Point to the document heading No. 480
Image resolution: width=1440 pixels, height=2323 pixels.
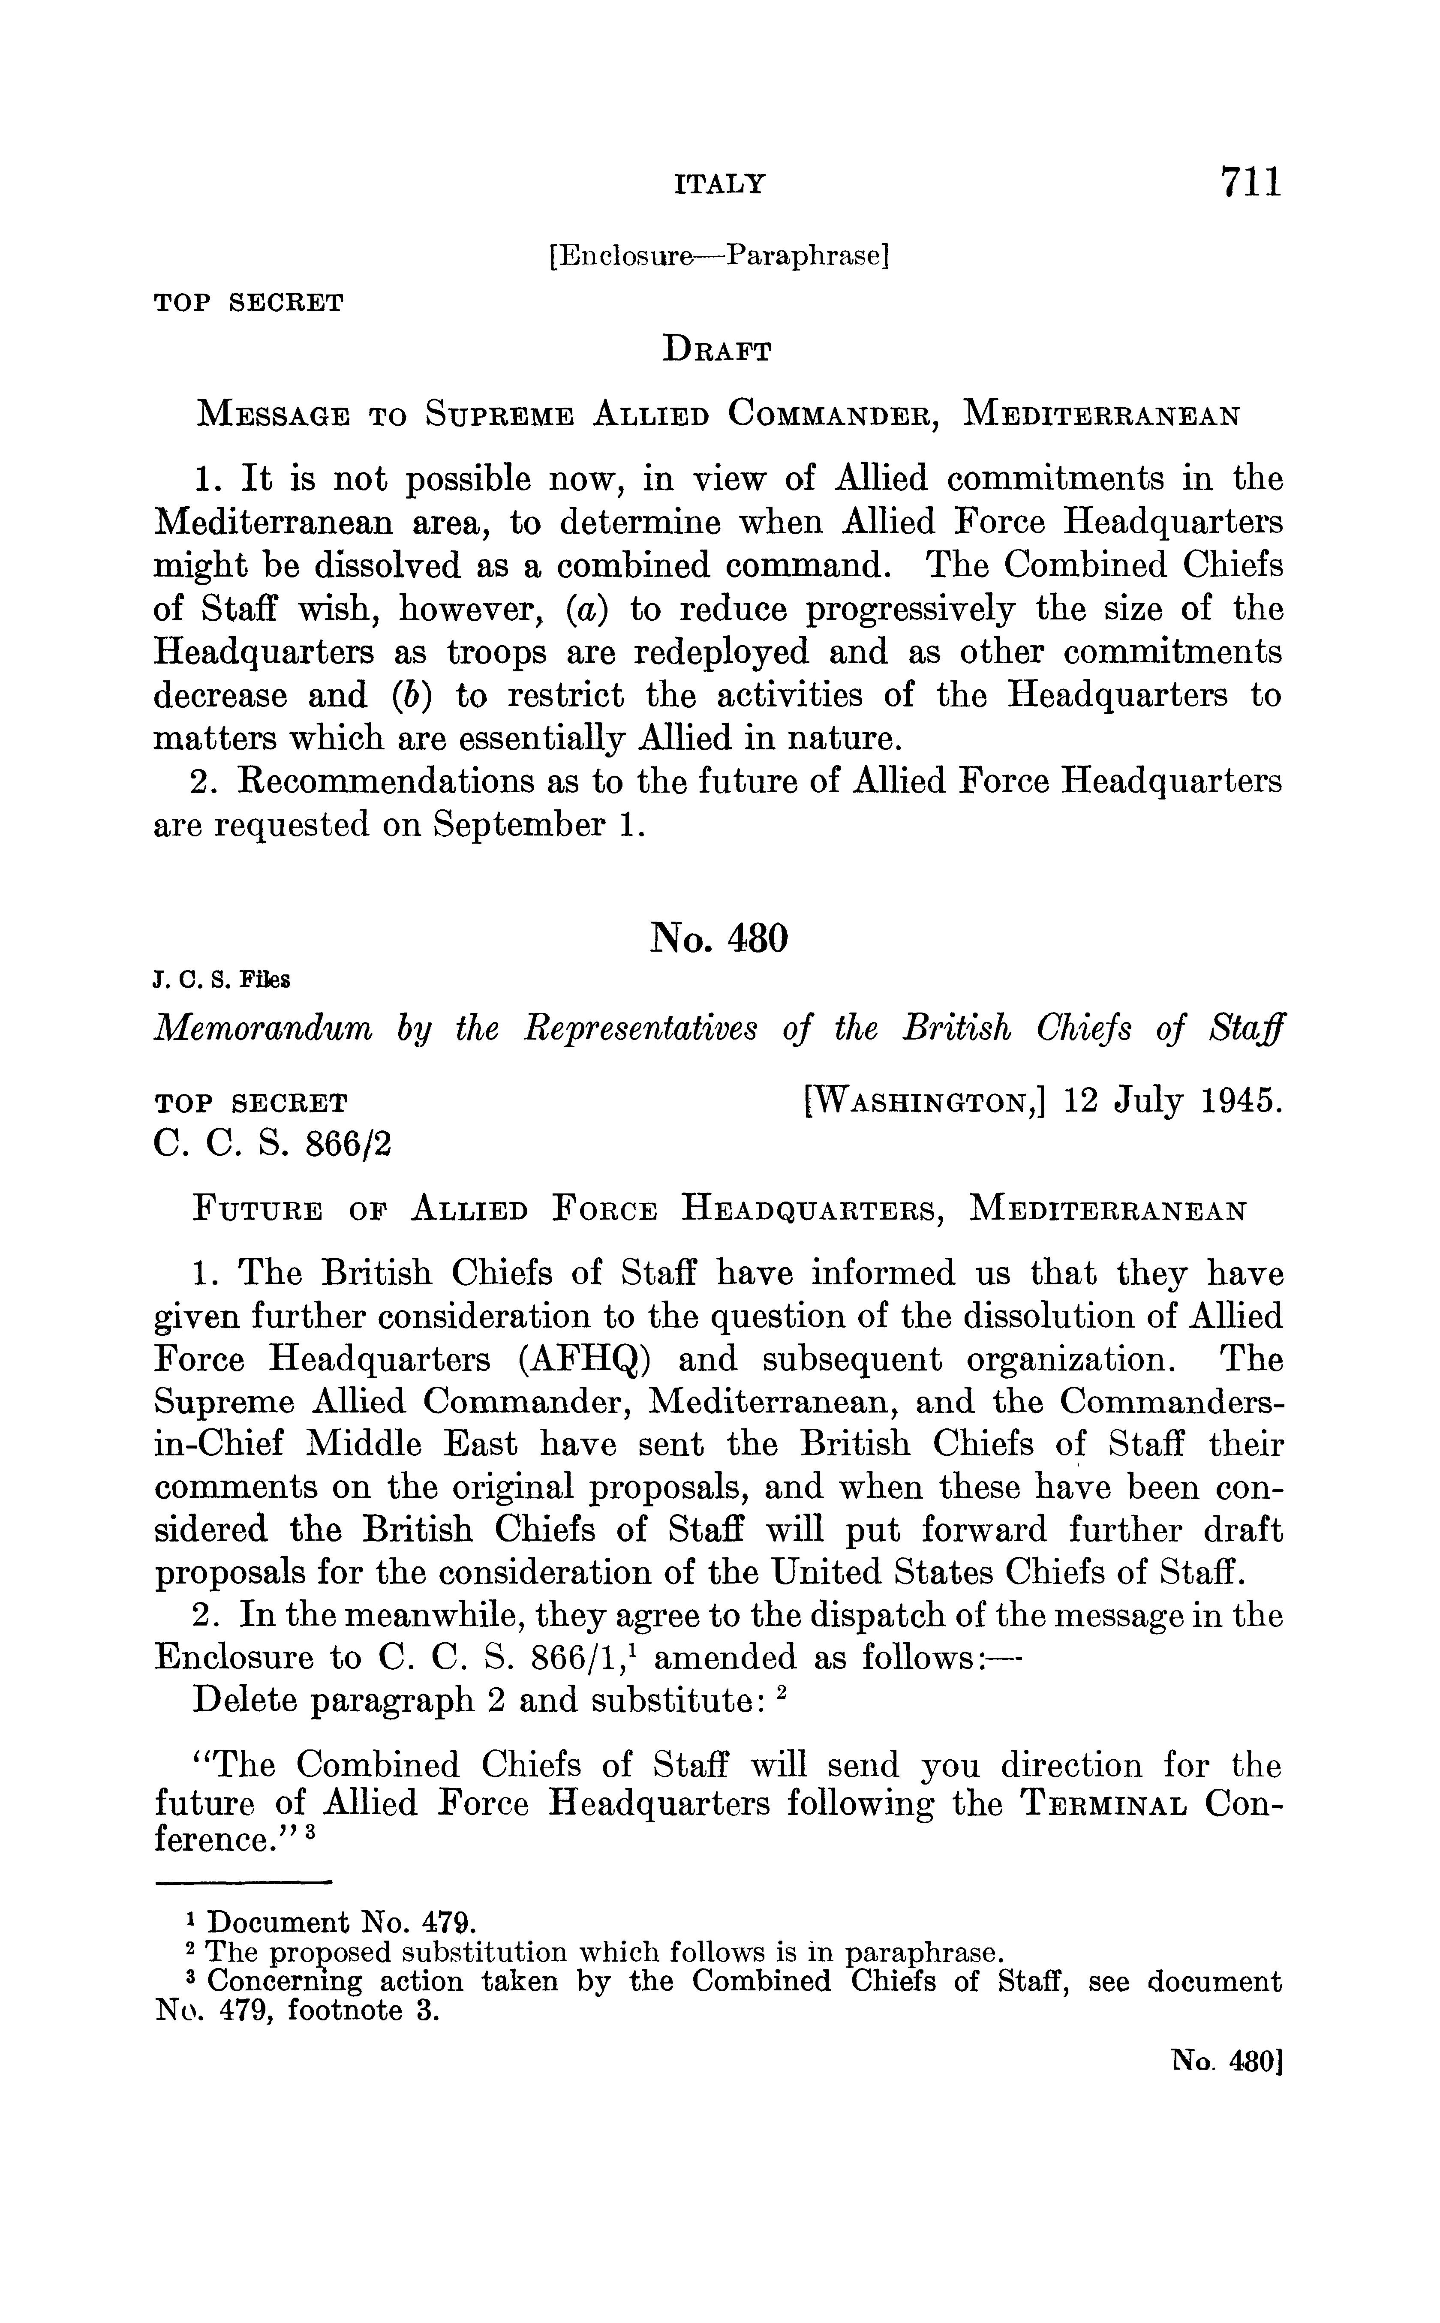719,939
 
